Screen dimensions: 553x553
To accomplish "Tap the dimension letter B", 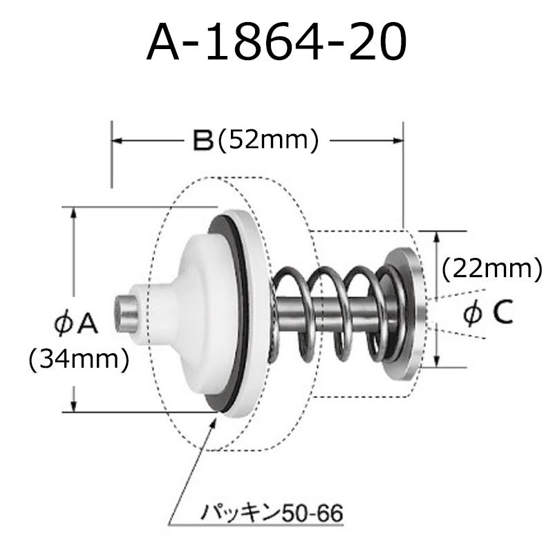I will coord(201,141).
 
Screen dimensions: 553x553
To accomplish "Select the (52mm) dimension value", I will coord(267,141).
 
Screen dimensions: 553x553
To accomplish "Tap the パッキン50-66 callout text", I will coord(271,514).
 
